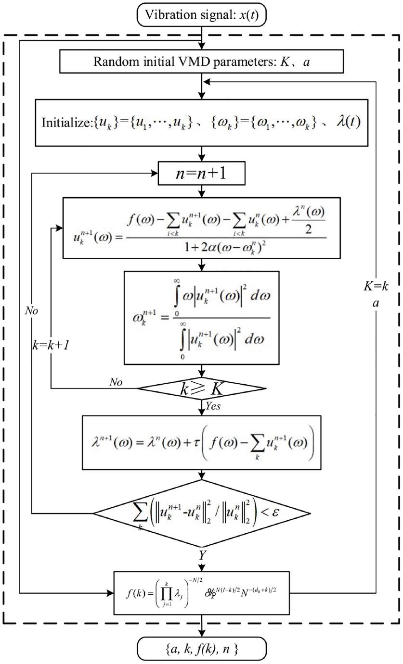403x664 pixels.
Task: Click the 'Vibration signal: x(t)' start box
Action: pos(201,15)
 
